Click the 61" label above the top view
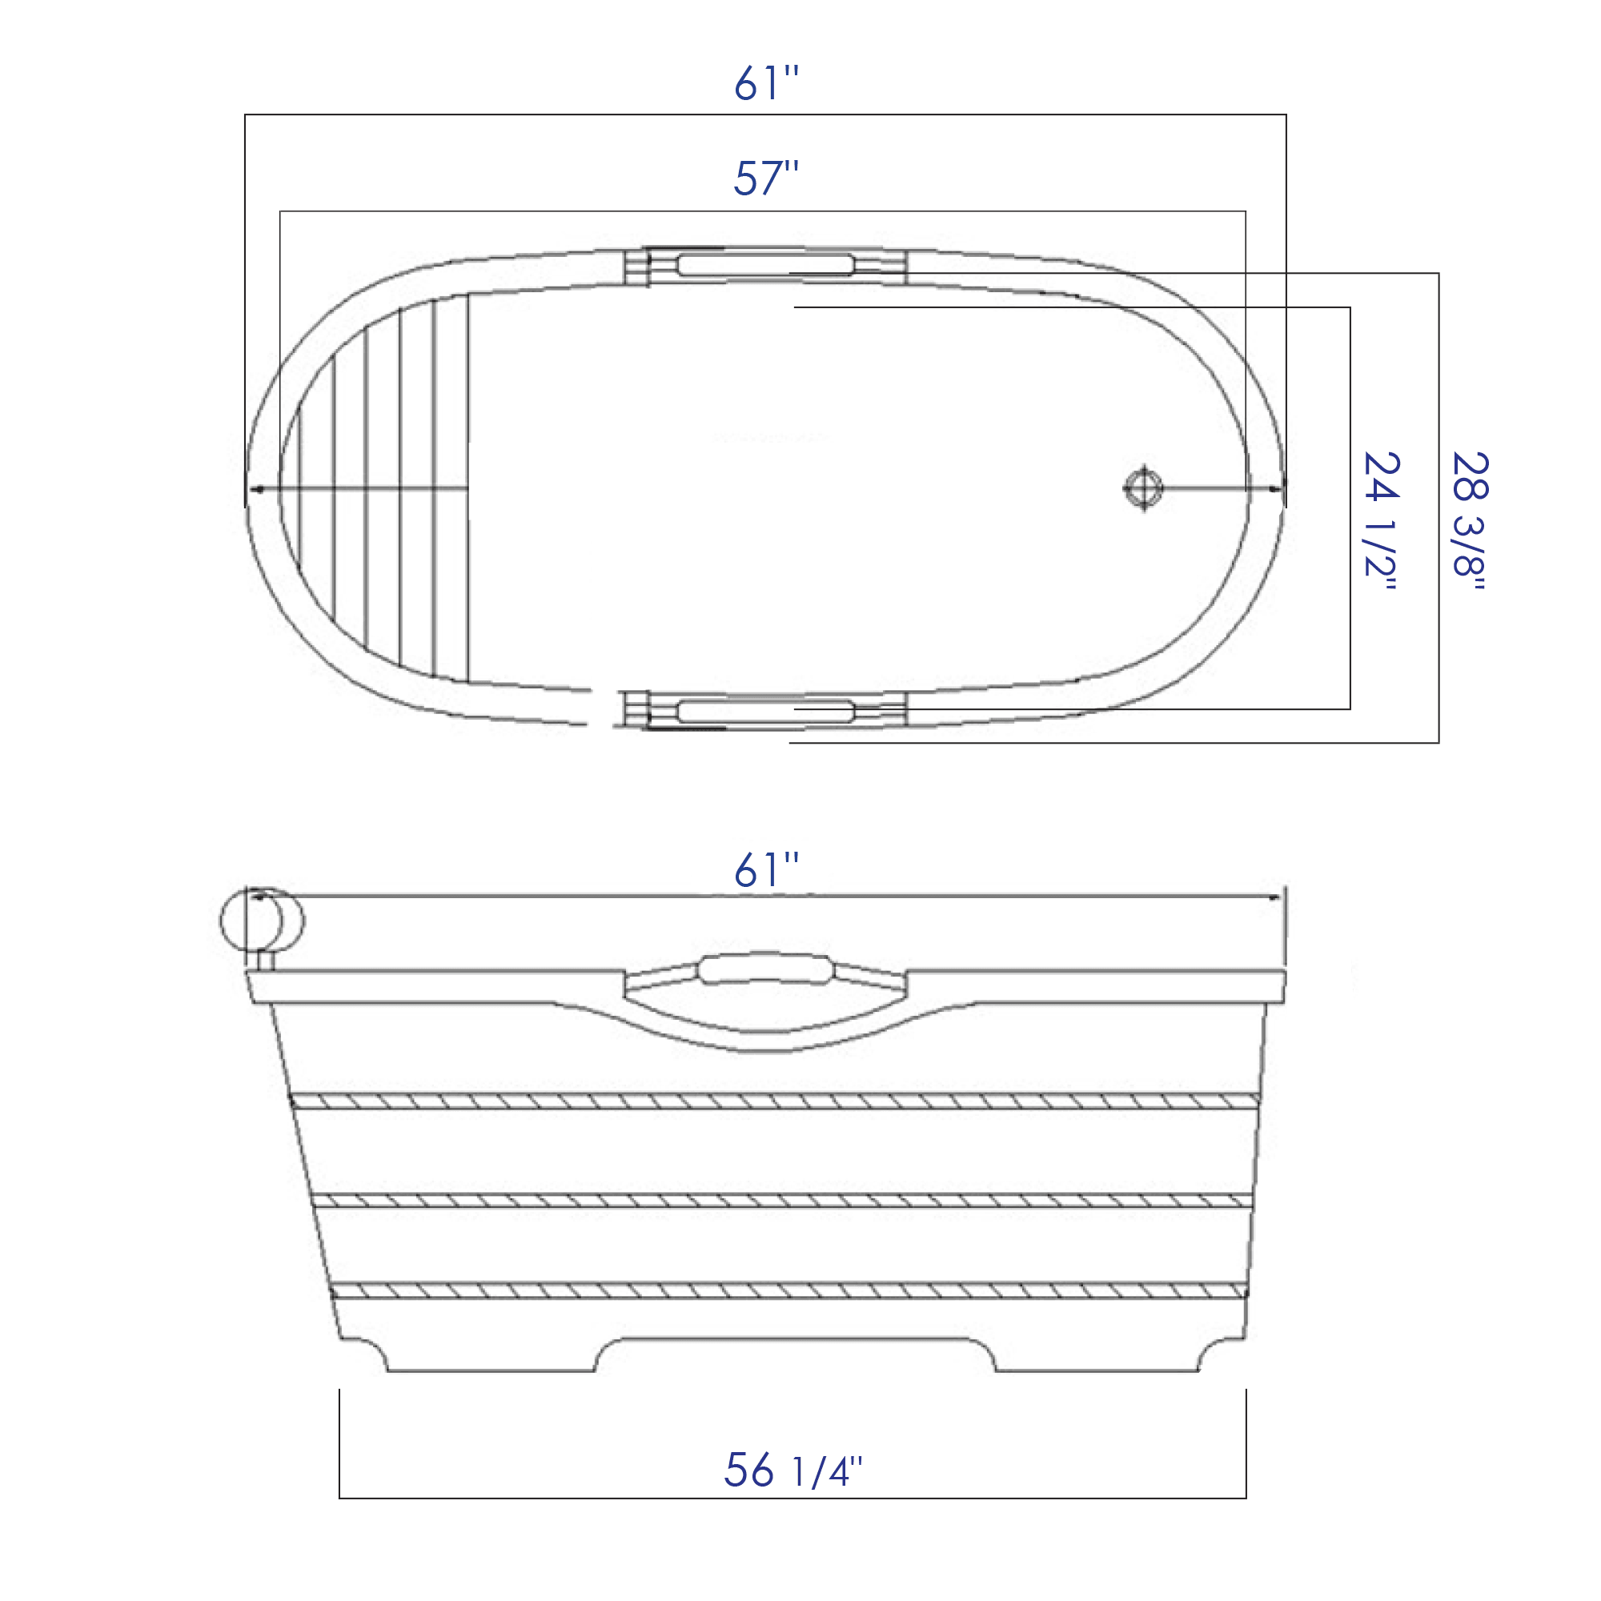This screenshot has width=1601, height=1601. point(767,84)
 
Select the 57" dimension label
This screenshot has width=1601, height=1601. point(767,179)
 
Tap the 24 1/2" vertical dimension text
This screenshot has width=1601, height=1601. point(1382,520)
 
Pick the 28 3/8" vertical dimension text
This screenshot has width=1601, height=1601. point(1470,520)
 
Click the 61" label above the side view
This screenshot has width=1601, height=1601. point(767,871)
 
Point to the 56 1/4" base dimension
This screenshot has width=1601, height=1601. point(793,1471)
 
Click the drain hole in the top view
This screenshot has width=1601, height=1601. point(1145,488)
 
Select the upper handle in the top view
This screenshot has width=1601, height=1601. point(764,265)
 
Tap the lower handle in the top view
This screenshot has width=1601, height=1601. point(764,711)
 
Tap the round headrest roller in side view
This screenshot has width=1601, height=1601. point(262,920)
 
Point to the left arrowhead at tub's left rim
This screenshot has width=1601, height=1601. point(255,489)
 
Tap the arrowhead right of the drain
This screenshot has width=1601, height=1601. point(1277,489)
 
